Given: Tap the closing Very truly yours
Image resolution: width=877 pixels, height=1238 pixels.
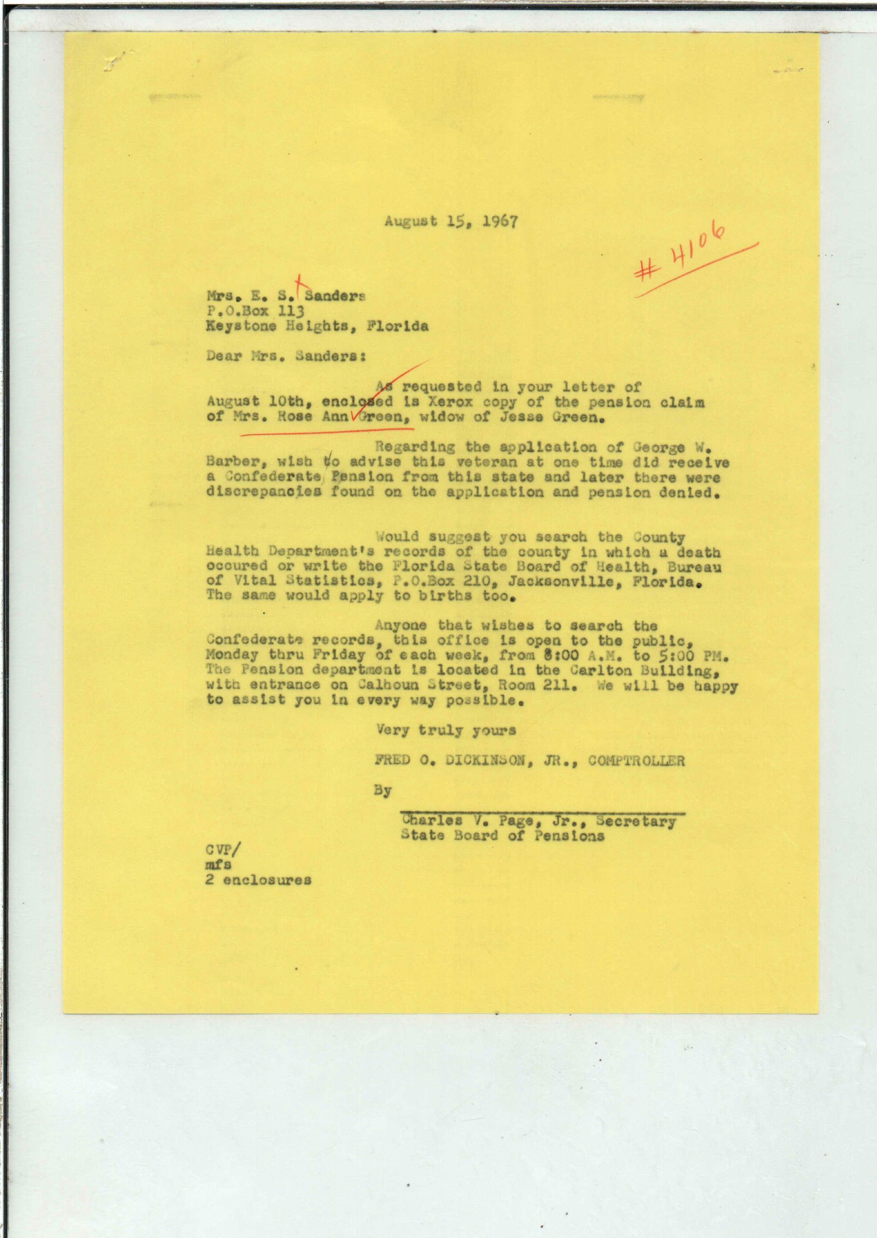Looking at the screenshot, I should click(x=446, y=731).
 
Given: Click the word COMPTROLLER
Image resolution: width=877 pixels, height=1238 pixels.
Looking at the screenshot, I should click(x=636, y=761).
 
